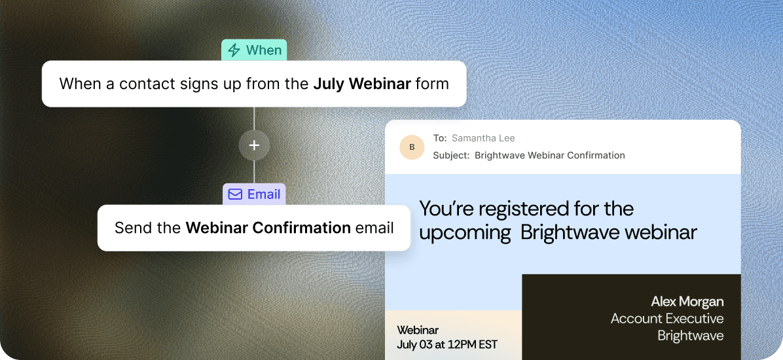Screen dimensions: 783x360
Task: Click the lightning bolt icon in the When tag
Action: click(234, 50)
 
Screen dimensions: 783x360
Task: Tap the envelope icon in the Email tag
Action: click(234, 194)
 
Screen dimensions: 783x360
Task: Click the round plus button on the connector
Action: click(254, 145)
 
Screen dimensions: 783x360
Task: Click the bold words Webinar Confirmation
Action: click(268, 228)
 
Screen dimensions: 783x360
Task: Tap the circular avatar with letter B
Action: click(412, 147)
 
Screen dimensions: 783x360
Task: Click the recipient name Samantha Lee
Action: click(483, 138)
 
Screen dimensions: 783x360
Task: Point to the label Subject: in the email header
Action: click(452, 155)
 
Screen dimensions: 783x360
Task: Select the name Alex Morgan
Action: click(687, 302)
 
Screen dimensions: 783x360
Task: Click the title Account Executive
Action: click(667, 319)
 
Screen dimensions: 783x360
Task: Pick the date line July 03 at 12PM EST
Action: click(447, 344)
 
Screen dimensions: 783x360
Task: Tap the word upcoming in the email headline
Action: click(465, 233)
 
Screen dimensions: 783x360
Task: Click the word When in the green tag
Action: click(264, 50)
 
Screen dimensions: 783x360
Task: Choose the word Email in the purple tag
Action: click(264, 194)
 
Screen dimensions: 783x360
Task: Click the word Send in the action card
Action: click(132, 228)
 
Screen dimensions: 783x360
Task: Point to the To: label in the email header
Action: click(440, 138)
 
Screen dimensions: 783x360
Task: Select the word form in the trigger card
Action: click(432, 83)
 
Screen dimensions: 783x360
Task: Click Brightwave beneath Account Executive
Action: click(690, 335)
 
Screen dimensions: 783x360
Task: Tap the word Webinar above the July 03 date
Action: click(418, 330)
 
